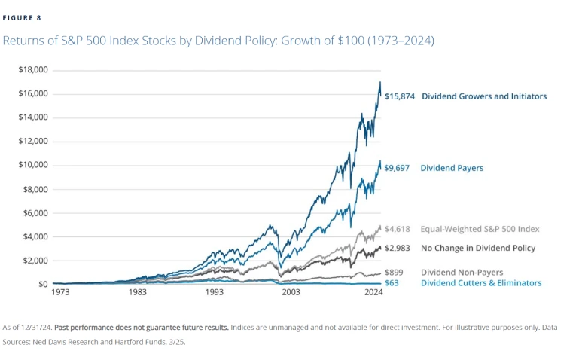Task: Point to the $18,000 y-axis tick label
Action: (33, 70)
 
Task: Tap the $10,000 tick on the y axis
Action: (33, 165)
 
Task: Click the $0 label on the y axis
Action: (43, 284)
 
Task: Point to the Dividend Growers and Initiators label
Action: (484, 96)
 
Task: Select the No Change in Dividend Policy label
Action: (478, 248)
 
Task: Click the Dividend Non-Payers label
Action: (462, 272)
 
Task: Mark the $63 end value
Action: (393, 283)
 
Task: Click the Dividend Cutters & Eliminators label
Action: (480, 283)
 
